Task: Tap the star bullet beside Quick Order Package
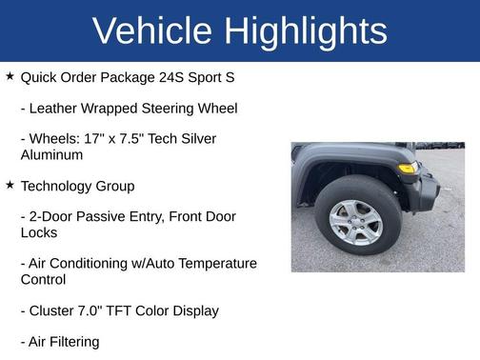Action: click(10, 75)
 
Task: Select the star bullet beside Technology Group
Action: click(10, 185)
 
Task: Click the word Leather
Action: click(55, 108)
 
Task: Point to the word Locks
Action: click(39, 232)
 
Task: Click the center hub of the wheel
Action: click(356, 220)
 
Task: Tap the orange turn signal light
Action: click(407, 169)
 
